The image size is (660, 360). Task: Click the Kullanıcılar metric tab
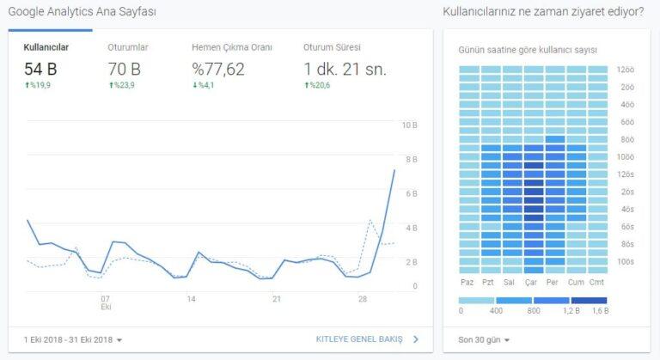click(46, 46)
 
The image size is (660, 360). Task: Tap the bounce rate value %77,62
click(218, 69)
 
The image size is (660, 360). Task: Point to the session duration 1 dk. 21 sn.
click(344, 69)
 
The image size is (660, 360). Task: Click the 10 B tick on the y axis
click(410, 125)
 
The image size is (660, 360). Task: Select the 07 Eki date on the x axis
click(106, 302)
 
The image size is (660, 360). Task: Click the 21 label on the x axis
click(276, 299)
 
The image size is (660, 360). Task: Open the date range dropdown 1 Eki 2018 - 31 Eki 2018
click(71, 339)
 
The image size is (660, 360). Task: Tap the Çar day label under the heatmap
click(533, 282)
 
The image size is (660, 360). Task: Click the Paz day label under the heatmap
click(468, 282)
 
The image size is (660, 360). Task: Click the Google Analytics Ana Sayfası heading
click(82, 12)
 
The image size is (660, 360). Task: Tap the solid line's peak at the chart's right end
click(394, 170)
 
